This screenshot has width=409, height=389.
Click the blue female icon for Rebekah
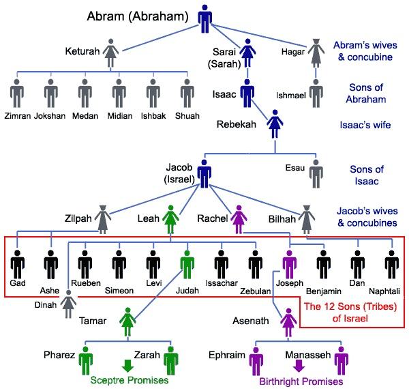coord(275,126)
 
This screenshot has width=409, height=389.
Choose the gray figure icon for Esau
coord(315,173)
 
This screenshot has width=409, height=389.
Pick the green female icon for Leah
coord(170,220)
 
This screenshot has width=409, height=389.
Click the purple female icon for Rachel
coord(239,220)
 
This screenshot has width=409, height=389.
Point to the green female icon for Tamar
coord(127,321)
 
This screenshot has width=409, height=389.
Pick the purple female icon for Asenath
coord(288,321)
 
